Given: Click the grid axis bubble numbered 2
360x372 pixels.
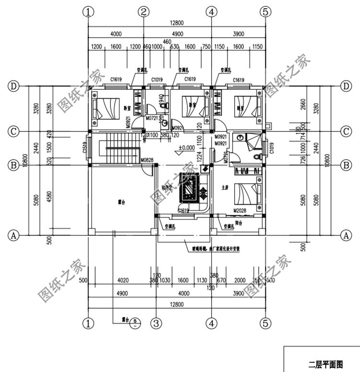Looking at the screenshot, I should coord(143,12).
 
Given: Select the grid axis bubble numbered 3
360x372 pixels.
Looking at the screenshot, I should coord(156,322).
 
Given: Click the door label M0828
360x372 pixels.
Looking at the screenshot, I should coord(146,160).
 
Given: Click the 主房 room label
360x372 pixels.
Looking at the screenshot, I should coord(224,188).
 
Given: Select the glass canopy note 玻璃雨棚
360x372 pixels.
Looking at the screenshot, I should coord(193,249).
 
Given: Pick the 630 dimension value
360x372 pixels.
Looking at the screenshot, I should coord(175,47).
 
